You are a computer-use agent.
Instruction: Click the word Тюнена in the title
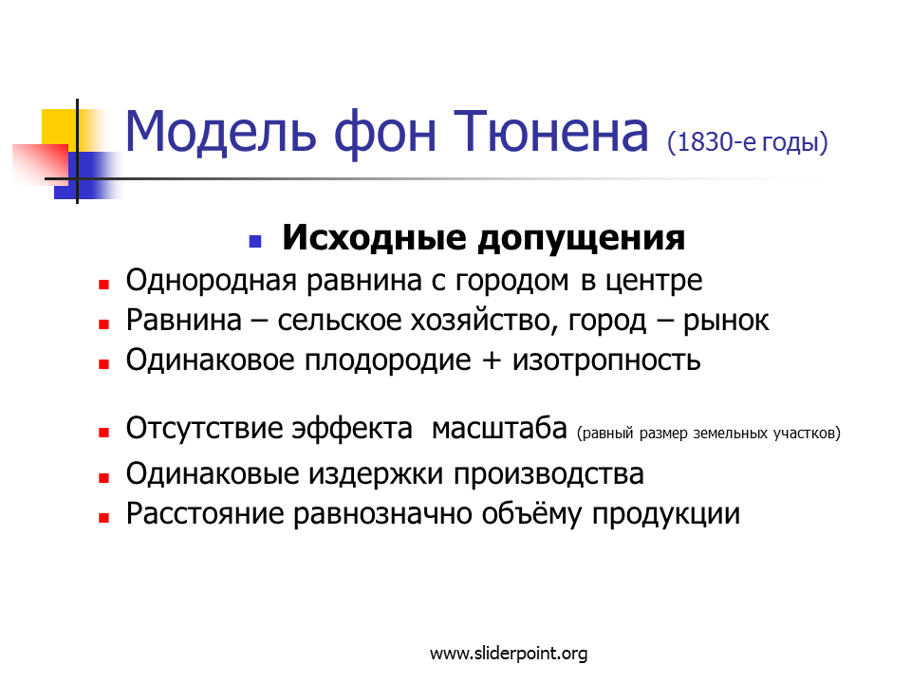click(x=550, y=133)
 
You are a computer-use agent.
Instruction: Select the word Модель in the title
click(x=221, y=133)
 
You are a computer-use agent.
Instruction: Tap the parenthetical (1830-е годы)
click(x=748, y=142)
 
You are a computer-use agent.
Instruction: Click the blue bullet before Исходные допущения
click(x=255, y=241)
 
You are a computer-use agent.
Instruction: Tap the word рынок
click(x=726, y=322)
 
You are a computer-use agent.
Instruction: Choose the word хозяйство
click(x=480, y=322)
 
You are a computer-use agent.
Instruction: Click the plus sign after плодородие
click(x=492, y=361)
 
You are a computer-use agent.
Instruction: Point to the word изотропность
click(x=606, y=360)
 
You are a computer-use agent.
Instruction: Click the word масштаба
click(x=499, y=429)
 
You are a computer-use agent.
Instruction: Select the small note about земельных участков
click(x=709, y=434)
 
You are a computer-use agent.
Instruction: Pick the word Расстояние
click(x=205, y=514)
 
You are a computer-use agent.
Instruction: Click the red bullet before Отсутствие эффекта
click(x=104, y=433)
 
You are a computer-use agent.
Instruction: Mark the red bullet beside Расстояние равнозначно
click(x=104, y=518)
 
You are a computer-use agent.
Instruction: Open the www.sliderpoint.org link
click(x=509, y=654)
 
